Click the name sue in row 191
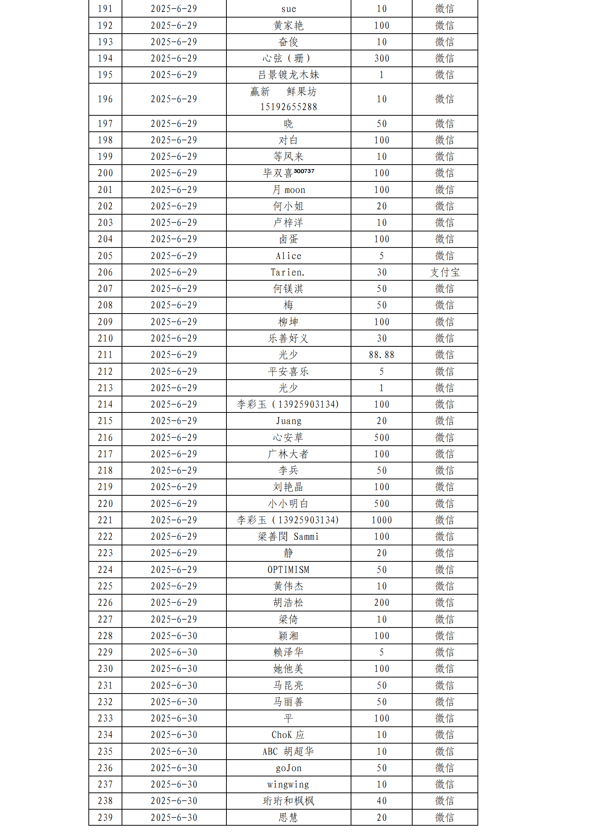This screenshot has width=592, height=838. [288, 9]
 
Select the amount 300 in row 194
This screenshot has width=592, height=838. [382, 59]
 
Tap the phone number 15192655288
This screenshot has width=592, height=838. [288, 107]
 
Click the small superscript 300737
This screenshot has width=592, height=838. [304, 171]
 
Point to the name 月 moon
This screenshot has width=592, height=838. [288, 190]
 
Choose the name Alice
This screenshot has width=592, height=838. [288, 256]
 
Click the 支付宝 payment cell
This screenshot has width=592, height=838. [445, 272]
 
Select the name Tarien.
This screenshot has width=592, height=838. [288, 272]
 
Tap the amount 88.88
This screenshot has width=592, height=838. [382, 355]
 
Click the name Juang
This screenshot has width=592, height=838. [288, 421]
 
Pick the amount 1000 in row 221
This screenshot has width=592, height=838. [382, 520]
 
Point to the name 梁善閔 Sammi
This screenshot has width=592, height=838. [288, 537]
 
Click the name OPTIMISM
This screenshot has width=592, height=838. [288, 570]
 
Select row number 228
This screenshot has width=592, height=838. [105, 636]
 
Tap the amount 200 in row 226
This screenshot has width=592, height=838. [382, 603]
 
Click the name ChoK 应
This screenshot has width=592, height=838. [288, 735]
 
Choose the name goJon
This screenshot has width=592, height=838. [288, 768]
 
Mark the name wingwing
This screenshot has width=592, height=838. [288, 785]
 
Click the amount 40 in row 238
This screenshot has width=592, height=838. [382, 801]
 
